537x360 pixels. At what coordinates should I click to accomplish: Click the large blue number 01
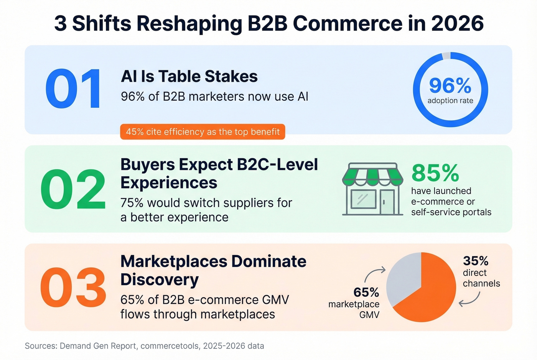coord(73,89)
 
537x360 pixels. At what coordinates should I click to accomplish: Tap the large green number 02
coord(73,189)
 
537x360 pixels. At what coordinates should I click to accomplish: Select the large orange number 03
coord(73,288)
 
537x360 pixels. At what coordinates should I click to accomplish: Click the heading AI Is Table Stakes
coord(189,76)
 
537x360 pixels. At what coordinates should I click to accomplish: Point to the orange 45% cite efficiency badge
coord(203,132)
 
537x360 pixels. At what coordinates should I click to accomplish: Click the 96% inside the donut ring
coord(450,85)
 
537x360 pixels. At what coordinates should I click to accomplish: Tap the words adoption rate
coord(450,101)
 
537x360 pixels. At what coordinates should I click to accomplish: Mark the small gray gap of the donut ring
coord(446,56)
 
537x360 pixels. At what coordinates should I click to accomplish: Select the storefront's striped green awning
coord(372,175)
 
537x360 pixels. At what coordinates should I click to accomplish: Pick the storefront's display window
coord(363,199)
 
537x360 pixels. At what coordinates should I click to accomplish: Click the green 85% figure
coord(435,173)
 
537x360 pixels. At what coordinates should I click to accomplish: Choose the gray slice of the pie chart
coord(401,278)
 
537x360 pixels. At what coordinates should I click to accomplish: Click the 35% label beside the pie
coord(476,261)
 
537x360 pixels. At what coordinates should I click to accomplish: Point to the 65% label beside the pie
coord(366,293)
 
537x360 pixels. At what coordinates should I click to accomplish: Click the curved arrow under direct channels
coord(470,299)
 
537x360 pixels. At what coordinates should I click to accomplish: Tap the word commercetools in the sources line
coord(170,346)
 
